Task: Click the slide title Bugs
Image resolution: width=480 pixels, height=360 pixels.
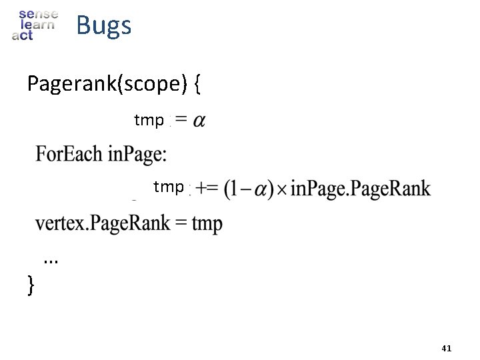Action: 103,25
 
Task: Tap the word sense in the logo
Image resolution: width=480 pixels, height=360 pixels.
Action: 39,13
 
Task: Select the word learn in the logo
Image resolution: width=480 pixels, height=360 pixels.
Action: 38,25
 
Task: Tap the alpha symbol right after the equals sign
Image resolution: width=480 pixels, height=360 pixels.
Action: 198,121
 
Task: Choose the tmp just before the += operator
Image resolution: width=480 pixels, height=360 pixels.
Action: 168,187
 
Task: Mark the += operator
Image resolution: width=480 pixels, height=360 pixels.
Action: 207,189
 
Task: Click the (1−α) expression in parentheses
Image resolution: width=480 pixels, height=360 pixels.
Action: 249,189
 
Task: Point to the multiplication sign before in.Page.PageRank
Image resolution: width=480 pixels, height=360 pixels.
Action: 283,189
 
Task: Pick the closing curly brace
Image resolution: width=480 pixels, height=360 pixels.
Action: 31,286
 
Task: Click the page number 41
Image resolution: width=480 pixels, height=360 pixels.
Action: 447,348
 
